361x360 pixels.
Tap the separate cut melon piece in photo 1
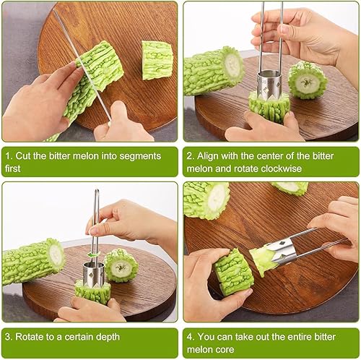tap(157, 59)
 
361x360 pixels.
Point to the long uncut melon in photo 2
tap(212, 71)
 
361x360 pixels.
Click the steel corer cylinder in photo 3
tap(92, 273)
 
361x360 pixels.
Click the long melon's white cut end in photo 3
tap(56, 254)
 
